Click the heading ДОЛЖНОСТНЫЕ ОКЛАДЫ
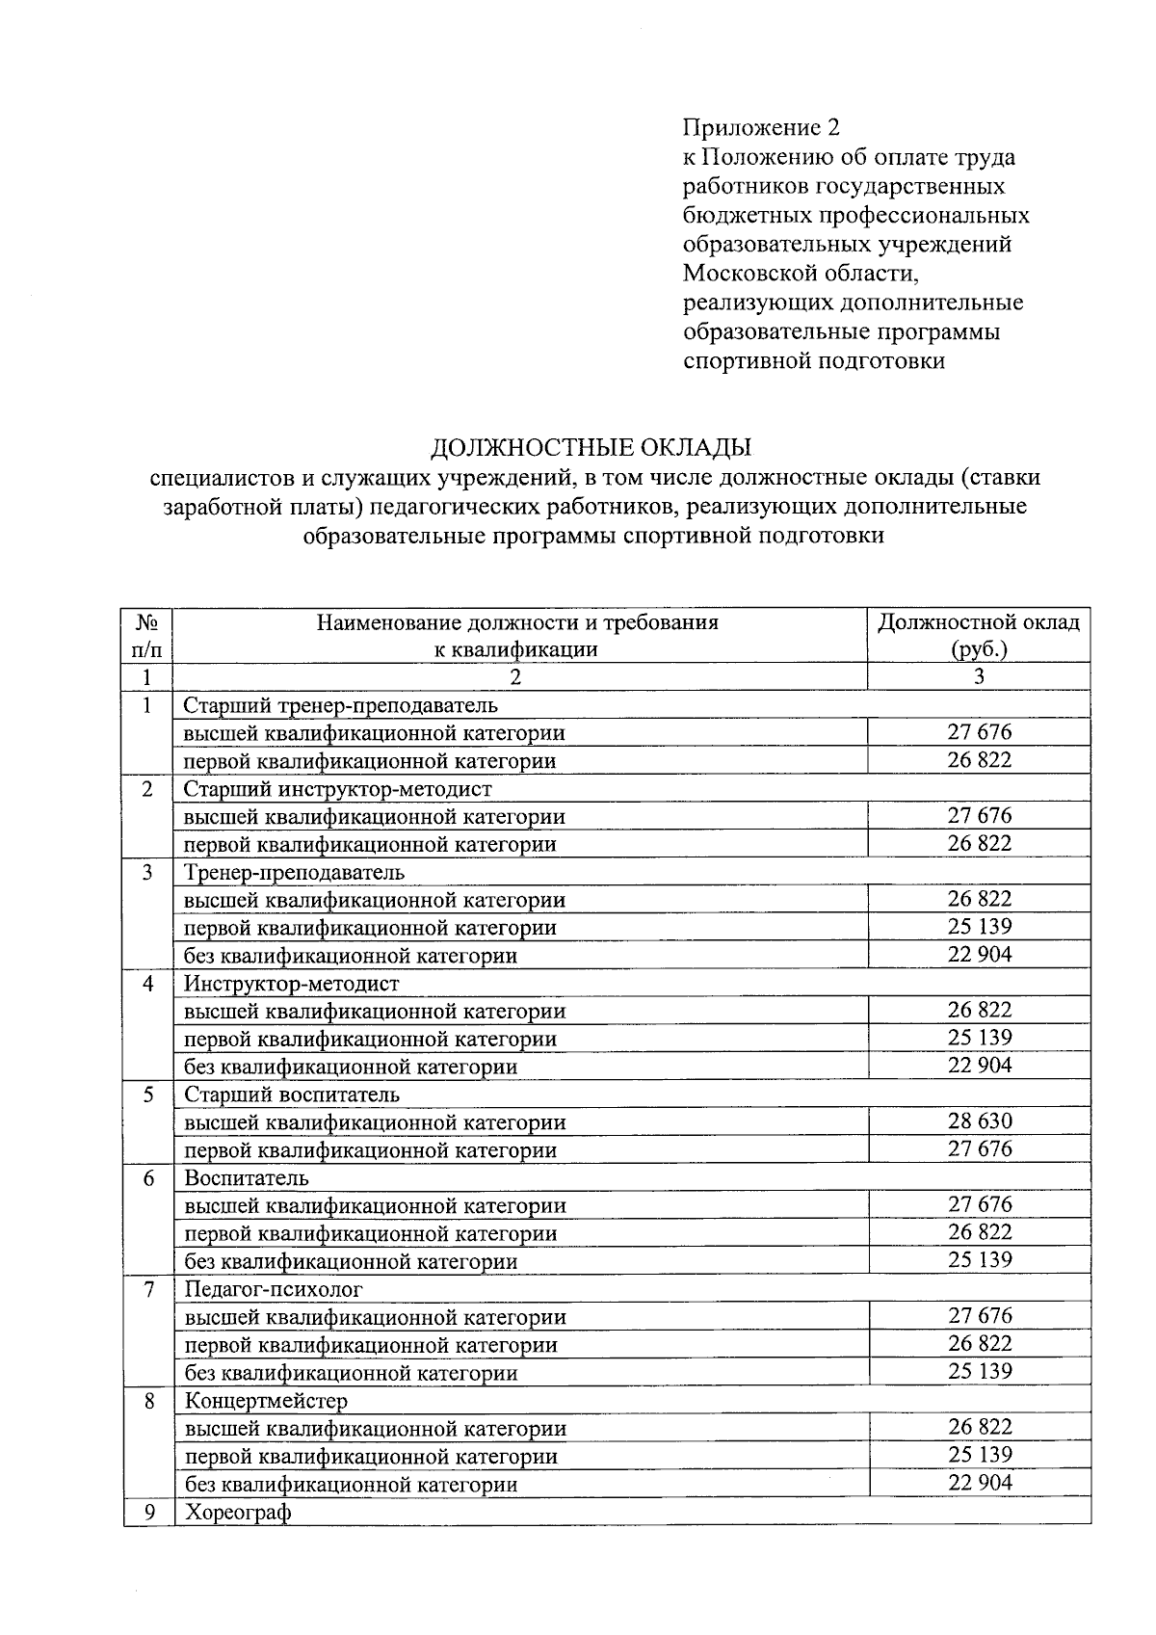(x=590, y=448)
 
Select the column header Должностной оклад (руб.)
(x=978, y=635)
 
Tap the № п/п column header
(x=147, y=635)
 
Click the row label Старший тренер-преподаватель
(x=341, y=705)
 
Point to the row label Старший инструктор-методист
(x=337, y=789)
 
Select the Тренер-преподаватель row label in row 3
(x=294, y=873)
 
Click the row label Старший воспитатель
(x=291, y=1095)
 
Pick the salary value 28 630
(x=980, y=1121)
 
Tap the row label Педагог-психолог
(x=274, y=1289)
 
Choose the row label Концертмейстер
(x=266, y=1401)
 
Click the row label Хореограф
(x=237, y=1513)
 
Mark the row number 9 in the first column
(x=148, y=1513)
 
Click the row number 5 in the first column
(x=148, y=1095)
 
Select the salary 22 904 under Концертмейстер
(x=980, y=1483)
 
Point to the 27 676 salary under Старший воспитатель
(x=980, y=1149)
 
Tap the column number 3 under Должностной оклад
(x=979, y=677)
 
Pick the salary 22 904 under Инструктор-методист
(x=980, y=1066)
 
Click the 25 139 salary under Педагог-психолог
(x=980, y=1372)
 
